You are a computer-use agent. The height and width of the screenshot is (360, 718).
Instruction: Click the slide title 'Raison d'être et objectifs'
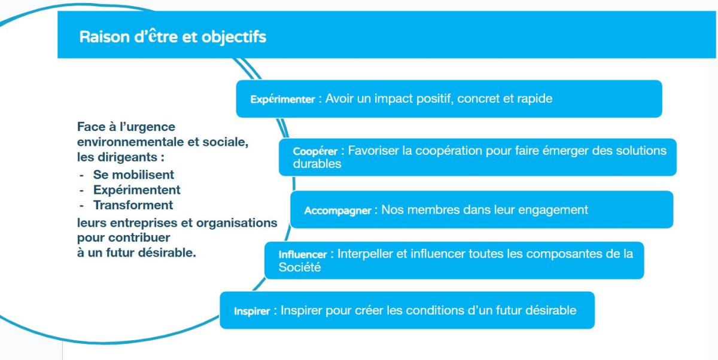coord(173,37)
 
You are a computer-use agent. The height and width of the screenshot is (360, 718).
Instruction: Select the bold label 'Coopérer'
coord(315,151)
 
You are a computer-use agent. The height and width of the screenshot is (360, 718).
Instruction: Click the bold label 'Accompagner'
coord(338,210)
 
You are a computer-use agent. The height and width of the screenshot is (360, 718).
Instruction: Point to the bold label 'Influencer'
coord(303,255)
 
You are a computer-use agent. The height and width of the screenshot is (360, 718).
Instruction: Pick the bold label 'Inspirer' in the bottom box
coord(252,312)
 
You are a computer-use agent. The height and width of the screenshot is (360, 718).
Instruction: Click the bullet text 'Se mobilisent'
coord(133,175)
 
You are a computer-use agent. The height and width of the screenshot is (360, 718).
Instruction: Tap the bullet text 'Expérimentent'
coord(137,190)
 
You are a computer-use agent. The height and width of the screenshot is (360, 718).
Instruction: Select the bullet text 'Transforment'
coord(133,205)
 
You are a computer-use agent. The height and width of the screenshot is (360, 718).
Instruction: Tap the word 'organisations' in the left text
coord(236,223)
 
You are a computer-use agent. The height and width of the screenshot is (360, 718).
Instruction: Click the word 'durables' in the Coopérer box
coord(317,164)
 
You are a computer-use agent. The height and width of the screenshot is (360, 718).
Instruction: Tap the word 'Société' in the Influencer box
coord(300,267)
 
